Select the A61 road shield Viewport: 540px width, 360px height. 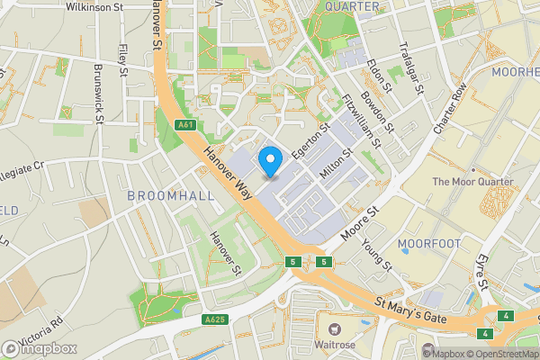[185, 125]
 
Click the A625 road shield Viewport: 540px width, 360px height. [214, 319]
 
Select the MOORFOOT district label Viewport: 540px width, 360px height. [427, 244]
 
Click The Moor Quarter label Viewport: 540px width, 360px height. [472, 182]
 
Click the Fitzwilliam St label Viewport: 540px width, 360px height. [357, 115]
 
